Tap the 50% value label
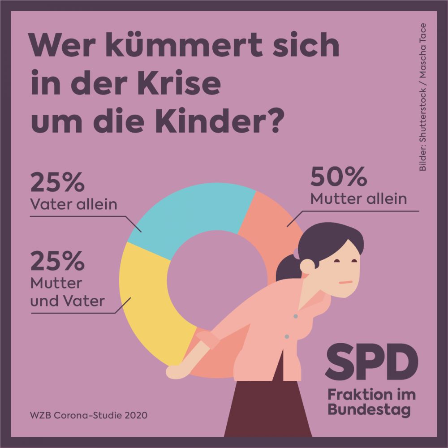pos(339,177)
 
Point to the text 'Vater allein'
pos(73,204)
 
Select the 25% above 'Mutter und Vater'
pos(57,261)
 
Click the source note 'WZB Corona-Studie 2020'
pos(88,415)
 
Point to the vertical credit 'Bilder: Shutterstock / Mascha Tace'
pos(422,97)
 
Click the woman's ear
pos(307,266)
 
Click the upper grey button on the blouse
pos(296,316)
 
